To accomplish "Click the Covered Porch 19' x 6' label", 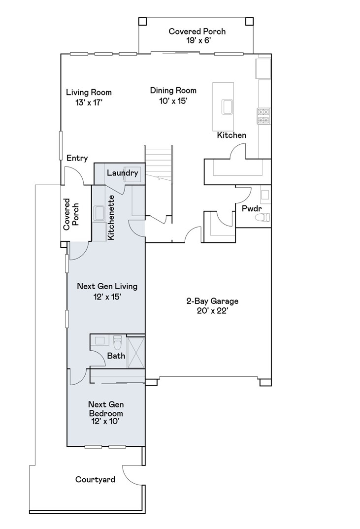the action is (x=197, y=36).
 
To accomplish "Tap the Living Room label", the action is (x=89, y=93).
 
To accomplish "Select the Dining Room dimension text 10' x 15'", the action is (x=173, y=101).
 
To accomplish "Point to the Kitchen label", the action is (x=231, y=135).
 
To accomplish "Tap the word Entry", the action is (x=77, y=158).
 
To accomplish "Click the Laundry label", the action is (x=123, y=173).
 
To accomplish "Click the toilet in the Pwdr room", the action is (x=262, y=217).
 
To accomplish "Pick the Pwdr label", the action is (x=252, y=209).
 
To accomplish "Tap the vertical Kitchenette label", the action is (x=111, y=218).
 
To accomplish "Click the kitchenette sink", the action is (x=99, y=213).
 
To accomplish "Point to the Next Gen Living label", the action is (x=107, y=287).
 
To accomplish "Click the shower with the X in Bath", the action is (x=135, y=352).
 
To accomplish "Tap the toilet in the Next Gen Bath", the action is (x=117, y=343).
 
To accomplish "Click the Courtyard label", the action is (x=95, y=480).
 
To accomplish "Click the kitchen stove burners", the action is (x=264, y=116).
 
